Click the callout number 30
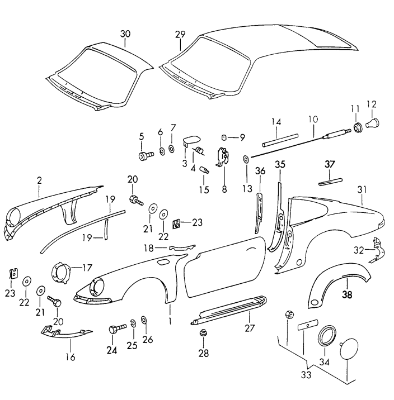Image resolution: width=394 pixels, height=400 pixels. pyautogui.click(x=125, y=34)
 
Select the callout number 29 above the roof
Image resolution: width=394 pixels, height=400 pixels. pyautogui.click(x=180, y=34)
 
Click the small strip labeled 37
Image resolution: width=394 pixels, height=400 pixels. pyautogui.click(x=329, y=182)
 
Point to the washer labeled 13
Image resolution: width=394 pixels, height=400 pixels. pyautogui.click(x=246, y=160)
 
